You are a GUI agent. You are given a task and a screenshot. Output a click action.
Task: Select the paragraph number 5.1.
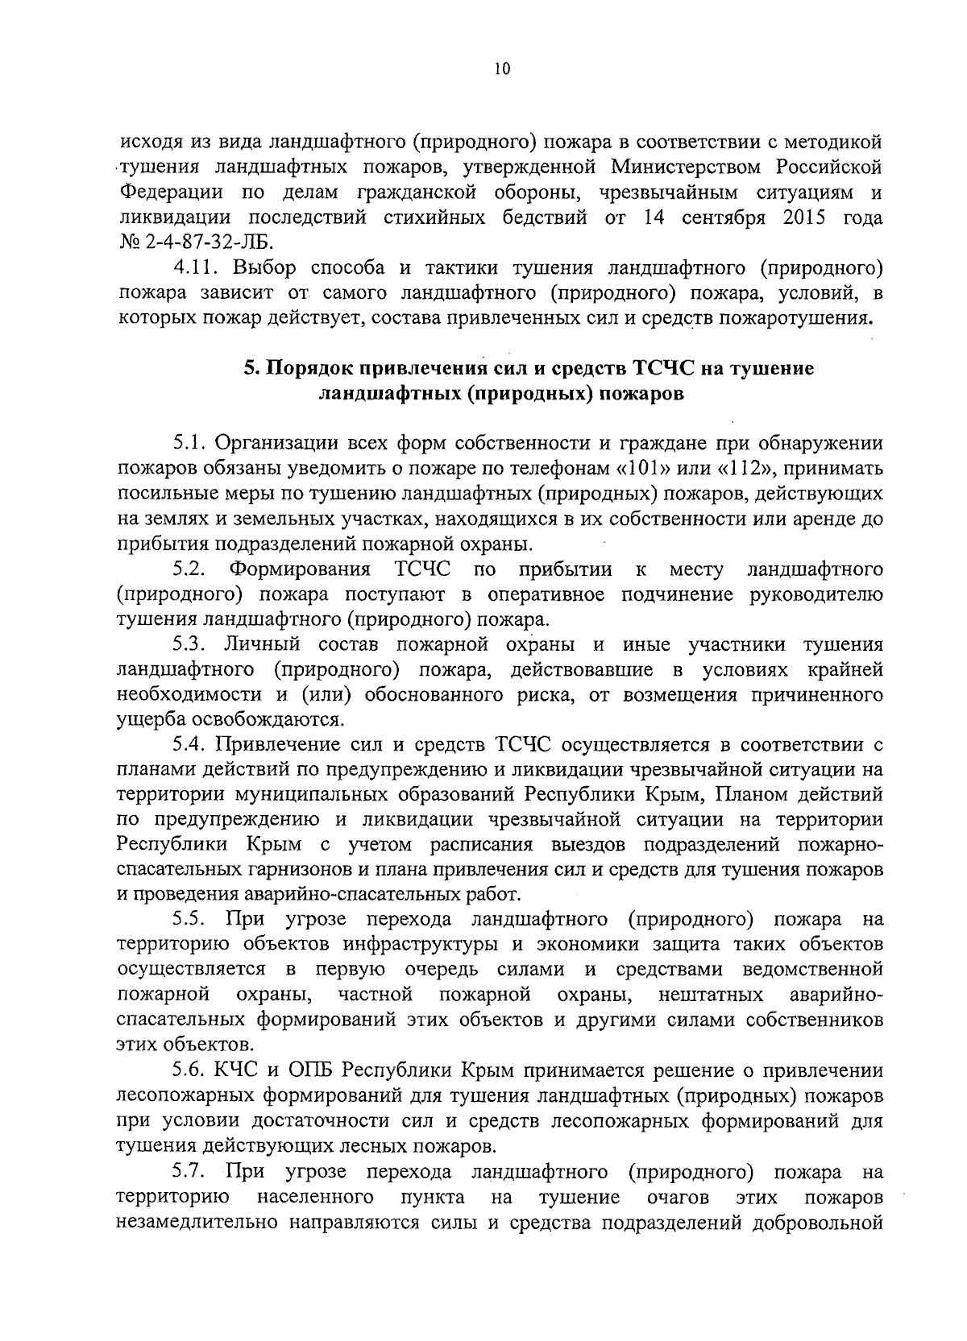(190, 443)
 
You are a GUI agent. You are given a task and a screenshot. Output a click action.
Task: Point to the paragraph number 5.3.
(190, 644)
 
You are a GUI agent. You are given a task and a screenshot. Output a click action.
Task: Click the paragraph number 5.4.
(190, 743)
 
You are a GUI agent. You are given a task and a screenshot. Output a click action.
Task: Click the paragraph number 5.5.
(190, 919)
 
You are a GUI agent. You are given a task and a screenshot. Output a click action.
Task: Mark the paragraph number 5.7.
(190, 1170)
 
